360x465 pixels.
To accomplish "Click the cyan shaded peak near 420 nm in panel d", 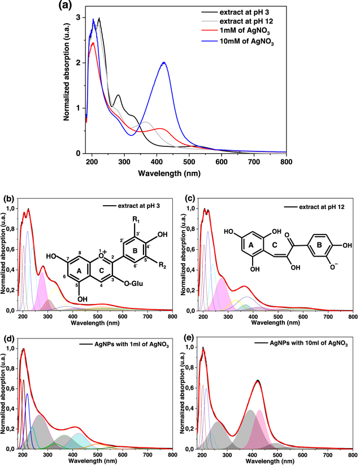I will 77,437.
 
